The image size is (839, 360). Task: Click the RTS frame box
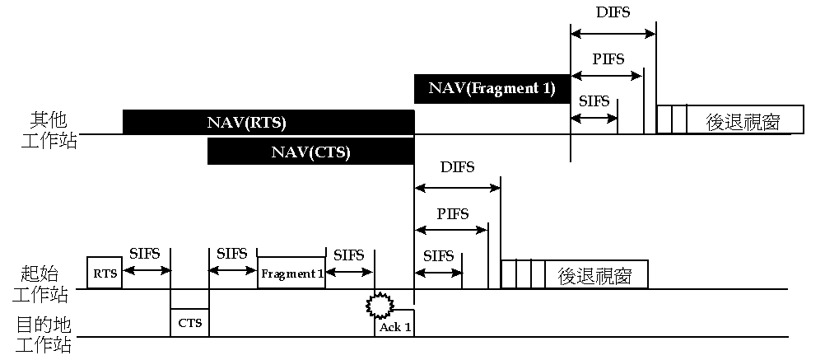click(105, 273)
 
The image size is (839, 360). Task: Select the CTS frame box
click(190, 322)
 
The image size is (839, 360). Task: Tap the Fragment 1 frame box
click(291, 273)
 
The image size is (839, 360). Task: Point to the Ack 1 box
click(395, 325)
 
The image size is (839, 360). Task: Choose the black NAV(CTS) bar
click(310, 152)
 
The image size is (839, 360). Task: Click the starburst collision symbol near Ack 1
click(379, 305)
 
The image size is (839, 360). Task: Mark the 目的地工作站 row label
click(44, 334)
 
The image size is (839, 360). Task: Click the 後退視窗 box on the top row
click(744, 120)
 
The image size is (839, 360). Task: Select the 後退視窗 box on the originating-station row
click(595, 274)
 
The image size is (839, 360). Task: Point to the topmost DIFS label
click(613, 13)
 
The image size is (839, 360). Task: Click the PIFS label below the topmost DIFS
click(608, 59)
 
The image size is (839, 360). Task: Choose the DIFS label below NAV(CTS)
click(457, 167)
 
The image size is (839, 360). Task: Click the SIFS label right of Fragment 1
click(348, 255)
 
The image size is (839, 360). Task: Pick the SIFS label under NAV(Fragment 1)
click(594, 101)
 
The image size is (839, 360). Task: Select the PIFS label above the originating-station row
click(452, 213)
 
